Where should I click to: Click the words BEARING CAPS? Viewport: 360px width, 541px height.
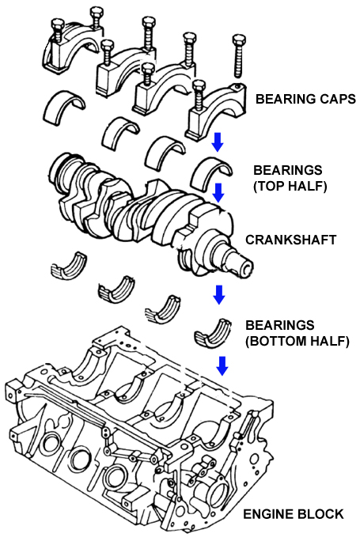pos(305,99)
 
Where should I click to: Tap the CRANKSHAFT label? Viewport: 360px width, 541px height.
pos(290,240)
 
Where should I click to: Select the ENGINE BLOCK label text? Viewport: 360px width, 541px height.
pos(294,514)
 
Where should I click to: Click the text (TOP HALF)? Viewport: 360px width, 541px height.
pos(290,186)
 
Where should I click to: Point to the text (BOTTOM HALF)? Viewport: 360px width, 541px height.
pos(297,341)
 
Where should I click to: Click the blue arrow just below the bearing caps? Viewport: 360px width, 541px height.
pos(217,142)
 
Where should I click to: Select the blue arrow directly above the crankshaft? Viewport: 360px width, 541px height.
pos(218,193)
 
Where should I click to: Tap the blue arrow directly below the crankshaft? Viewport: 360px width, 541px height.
pos(219,294)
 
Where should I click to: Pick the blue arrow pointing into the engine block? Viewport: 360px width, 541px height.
pos(222,365)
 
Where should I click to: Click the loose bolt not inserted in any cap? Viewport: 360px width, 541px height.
pos(238,56)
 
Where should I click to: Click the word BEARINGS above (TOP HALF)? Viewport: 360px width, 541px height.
pos(287,170)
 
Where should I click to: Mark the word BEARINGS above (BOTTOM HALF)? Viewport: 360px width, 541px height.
pos(280,325)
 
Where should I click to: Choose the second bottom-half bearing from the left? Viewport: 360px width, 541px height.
pos(116,290)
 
